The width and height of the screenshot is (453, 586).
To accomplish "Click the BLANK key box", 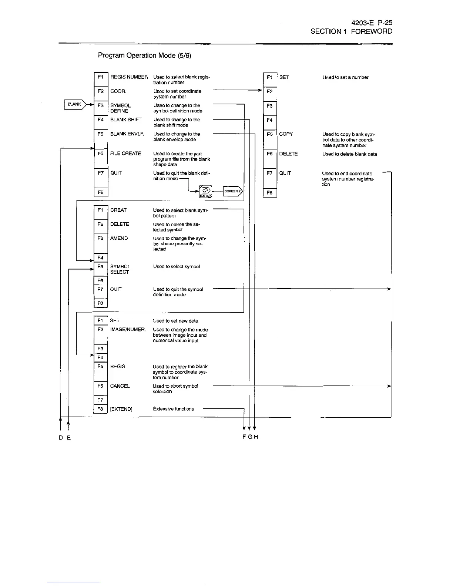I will [75, 105].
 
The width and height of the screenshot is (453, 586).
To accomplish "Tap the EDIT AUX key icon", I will [206, 192].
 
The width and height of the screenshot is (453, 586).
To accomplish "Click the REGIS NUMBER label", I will [129, 77].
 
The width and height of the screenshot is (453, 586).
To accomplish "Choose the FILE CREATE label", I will [125, 154].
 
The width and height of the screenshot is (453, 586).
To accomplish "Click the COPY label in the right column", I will [286, 134].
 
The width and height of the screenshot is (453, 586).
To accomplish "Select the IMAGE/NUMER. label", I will [128, 330].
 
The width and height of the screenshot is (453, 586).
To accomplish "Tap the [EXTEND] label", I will [121, 409].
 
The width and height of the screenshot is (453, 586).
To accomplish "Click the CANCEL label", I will [120, 386].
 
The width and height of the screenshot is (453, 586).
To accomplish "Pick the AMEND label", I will [119, 238].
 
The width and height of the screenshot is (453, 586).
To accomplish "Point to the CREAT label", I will [118, 210].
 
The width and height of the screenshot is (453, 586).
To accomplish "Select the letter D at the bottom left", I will [60, 437].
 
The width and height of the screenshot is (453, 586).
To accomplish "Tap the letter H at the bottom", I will [256, 437].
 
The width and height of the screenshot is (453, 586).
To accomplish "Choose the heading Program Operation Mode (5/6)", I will [144, 55].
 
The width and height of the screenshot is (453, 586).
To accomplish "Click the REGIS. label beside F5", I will [118, 367].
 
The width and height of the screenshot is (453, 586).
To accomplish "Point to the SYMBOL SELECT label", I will [120, 269].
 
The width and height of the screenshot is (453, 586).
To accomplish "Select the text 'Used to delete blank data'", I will [349, 154].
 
